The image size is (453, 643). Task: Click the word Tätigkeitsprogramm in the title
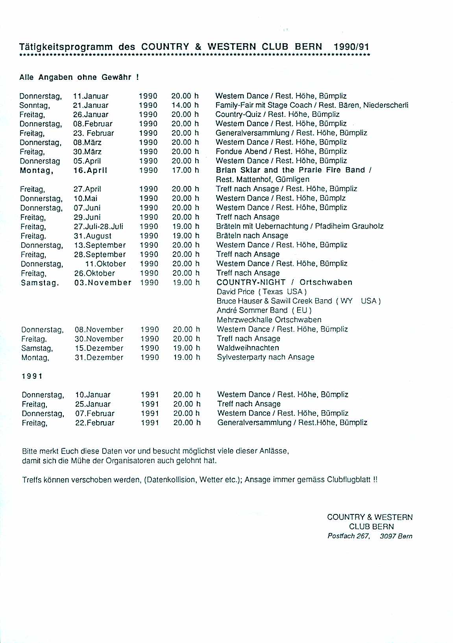tap(66, 47)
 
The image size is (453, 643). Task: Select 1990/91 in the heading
tap(351, 46)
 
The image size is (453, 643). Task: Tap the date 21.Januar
tap(91, 105)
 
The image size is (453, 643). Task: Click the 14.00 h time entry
tap(185, 105)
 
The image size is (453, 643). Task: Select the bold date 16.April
tap(90, 171)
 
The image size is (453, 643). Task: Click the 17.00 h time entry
tap(185, 170)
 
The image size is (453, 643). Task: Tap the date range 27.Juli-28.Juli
tap(98, 227)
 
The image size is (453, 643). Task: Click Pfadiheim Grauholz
tap(349, 226)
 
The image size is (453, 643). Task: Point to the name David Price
tap(235, 292)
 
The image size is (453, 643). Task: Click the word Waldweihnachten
tap(248, 348)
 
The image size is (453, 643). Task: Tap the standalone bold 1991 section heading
tap(32, 376)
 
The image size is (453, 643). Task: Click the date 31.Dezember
tap(99, 358)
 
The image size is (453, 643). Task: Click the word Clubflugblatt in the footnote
tap(349, 480)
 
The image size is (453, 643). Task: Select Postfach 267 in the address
tap(348, 536)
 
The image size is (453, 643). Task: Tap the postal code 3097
tap(387, 536)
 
